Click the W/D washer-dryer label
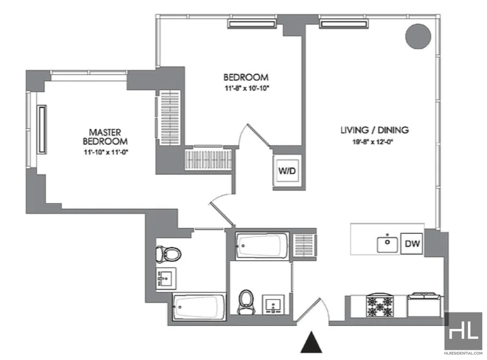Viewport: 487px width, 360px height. click(287, 171)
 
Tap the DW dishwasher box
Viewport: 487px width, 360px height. click(412, 244)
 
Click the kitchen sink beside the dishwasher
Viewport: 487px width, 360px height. click(387, 245)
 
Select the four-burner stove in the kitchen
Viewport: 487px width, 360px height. click(379, 305)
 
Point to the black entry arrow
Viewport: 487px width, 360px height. click(311, 342)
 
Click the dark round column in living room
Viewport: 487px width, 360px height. click(418, 37)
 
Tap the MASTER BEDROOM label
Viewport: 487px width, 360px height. click(105, 137)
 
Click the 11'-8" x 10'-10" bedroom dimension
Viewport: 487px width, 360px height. click(247, 88)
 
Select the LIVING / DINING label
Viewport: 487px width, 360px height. click(374, 130)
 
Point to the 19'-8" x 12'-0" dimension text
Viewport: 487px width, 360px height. click(373, 143)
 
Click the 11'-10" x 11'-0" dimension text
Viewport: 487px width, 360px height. click(106, 152)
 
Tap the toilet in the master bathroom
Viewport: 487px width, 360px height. click(169, 253)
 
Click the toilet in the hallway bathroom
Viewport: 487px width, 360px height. click(246, 302)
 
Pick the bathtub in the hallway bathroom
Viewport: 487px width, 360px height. click(262, 245)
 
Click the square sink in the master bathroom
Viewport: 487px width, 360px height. click(166, 278)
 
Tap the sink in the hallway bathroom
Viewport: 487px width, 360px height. click(273, 305)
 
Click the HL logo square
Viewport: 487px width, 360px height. click(463, 331)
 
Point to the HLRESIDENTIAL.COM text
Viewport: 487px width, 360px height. click(463, 353)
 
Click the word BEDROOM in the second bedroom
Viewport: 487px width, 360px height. click(246, 77)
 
